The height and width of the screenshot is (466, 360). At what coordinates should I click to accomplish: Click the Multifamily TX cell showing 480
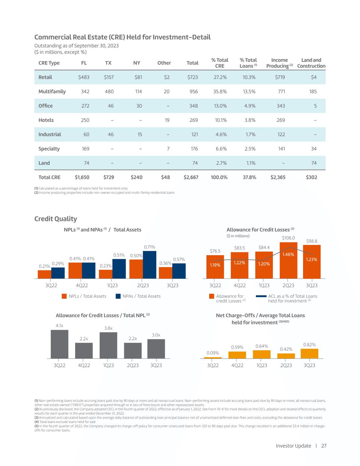pyautogui.click(x=109, y=91)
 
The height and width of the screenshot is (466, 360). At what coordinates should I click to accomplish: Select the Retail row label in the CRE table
pyautogui.click(x=45, y=77)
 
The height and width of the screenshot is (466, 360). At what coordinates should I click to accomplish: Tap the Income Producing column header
pyautogui.click(x=279, y=63)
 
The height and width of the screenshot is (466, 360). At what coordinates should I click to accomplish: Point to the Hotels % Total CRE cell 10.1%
pyautogui.click(x=220, y=120)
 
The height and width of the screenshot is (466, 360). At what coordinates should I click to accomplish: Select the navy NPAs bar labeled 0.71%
pyautogui.click(x=149, y=265)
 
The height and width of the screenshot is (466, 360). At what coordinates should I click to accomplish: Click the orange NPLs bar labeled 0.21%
pyautogui.click(x=44, y=274)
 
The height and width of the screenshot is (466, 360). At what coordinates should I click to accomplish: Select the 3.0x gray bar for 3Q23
pyautogui.click(x=156, y=349)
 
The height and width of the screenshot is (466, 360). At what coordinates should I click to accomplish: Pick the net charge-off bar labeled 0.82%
pyautogui.click(x=309, y=353)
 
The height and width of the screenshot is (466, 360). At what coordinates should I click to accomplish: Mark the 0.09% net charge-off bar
pyautogui.click(x=213, y=357)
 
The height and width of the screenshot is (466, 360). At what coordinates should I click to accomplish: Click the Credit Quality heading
pyautogui.click(x=56, y=219)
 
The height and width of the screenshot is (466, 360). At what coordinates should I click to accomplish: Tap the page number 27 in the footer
pyautogui.click(x=324, y=446)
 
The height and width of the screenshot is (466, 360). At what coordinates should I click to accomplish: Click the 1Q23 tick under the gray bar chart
pyautogui.click(x=108, y=365)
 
